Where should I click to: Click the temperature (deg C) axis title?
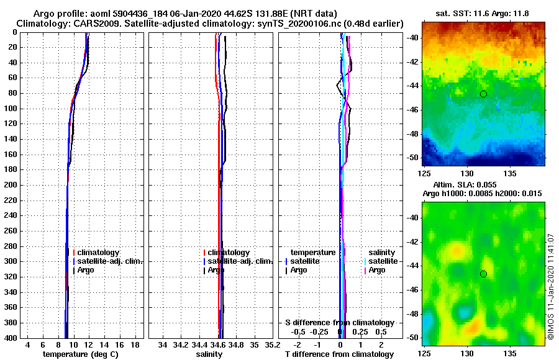[x=80, y=354]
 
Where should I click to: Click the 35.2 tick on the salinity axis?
[x=271, y=344]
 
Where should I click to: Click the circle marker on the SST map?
[x=483, y=94]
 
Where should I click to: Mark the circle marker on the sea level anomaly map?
[x=483, y=274]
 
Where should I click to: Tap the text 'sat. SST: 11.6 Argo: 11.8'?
[x=483, y=13]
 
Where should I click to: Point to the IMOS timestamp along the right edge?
[x=551, y=286]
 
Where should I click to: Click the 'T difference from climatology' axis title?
[x=339, y=354]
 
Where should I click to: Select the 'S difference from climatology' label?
[x=339, y=323]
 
